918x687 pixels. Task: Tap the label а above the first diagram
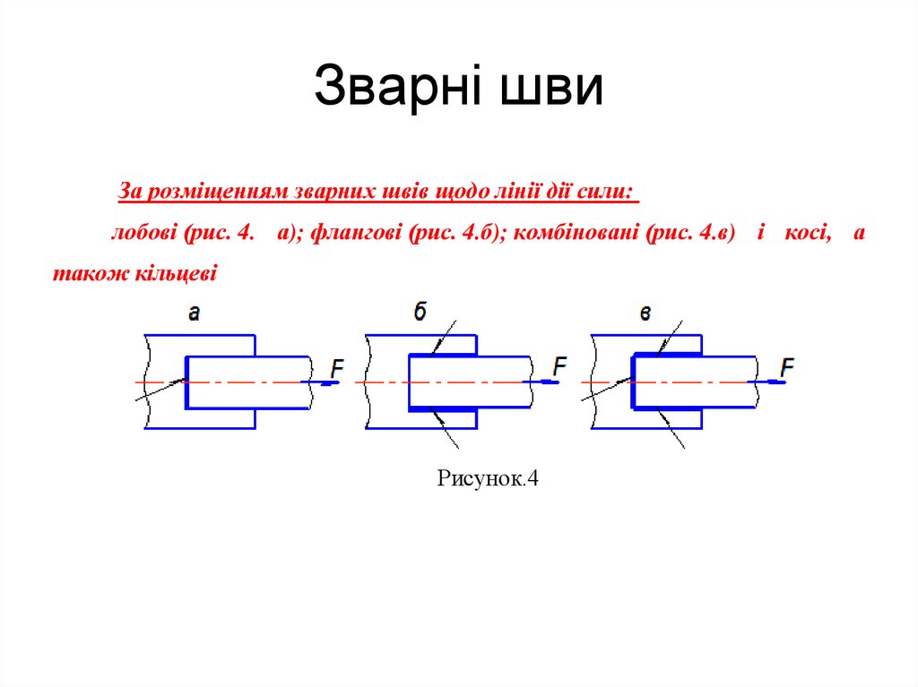[x=195, y=313]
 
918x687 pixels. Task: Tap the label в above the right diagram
[x=645, y=313]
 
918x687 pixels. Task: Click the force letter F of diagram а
[x=337, y=367]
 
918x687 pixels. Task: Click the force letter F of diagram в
[x=787, y=367]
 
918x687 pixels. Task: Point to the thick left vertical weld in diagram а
[x=186, y=382]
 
